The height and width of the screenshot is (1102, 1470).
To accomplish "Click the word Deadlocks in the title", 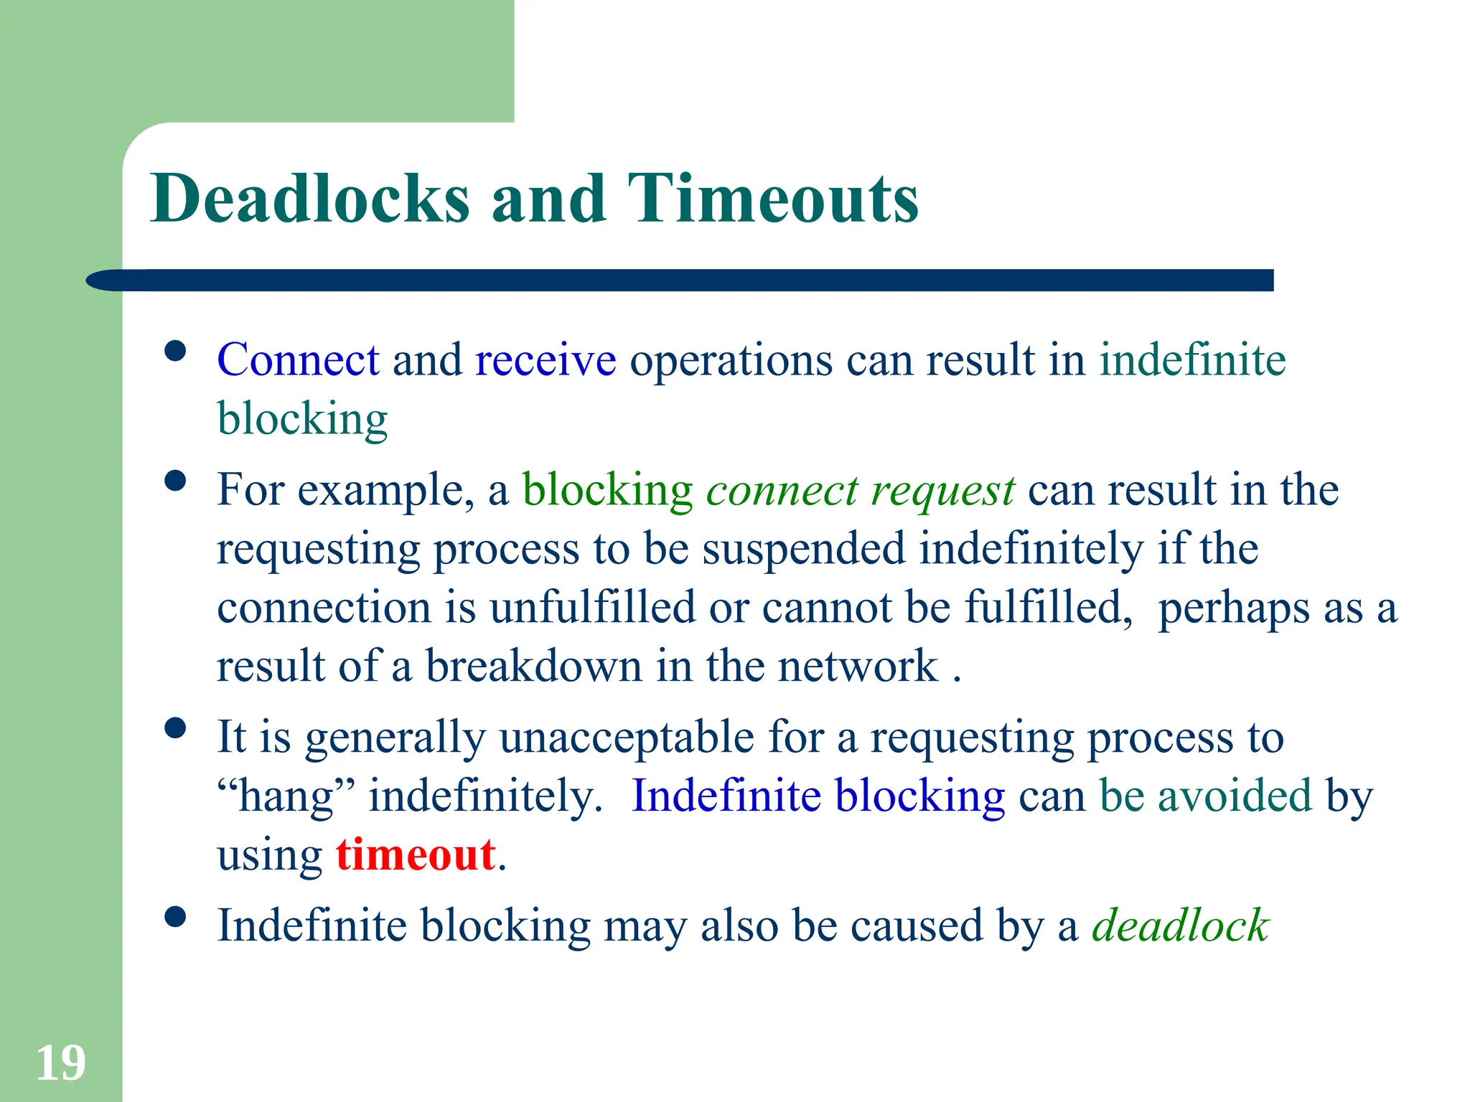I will (x=310, y=199).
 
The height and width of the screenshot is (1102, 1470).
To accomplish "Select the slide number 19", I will (x=61, y=1063).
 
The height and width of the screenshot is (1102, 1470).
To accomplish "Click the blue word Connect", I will (x=298, y=359).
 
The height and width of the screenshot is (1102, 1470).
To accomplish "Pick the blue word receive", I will (x=546, y=361).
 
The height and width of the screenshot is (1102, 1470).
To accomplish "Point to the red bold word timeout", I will (x=416, y=854).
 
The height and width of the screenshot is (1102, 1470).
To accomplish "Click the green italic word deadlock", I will (x=1181, y=925).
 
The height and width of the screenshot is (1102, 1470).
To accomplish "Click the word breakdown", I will (x=534, y=666).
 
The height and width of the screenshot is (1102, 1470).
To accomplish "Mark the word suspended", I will (x=803, y=549).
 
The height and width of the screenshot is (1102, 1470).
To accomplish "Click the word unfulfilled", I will (x=593, y=608).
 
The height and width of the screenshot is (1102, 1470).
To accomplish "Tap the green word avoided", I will (x=1235, y=796).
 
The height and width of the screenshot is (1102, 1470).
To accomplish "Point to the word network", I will (x=858, y=666).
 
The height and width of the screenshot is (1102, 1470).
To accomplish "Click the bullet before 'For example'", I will (x=175, y=480).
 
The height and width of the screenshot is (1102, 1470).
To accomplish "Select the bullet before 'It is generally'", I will (x=175, y=727).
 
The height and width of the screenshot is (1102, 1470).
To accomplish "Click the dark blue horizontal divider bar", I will (x=682, y=280).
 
